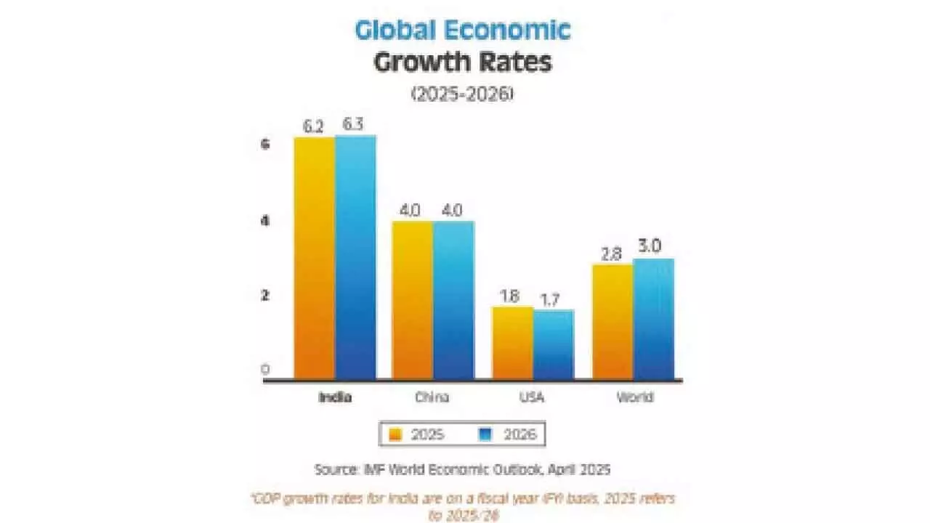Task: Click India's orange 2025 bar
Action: pyautogui.click(x=315, y=258)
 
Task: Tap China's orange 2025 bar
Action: pyautogui.click(x=413, y=299)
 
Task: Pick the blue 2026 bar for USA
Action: pyautogui.click(x=553, y=344)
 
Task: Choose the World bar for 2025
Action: pyautogui.click(x=612, y=321)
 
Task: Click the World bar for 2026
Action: pyautogui.click(x=653, y=318)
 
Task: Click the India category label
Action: pyautogui.click(x=335, y=397)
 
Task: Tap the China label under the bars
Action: pyautogui.click(x=433, y=397)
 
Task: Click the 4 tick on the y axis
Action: pyautogui.click(x=265, y=220)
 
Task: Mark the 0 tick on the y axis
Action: pyautogui.click(x=265, y=370)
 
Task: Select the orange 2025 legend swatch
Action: pyautogui.click(x=396, y=434)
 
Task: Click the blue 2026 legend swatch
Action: pyautogui.click(x=487, y=434)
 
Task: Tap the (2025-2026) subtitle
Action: pyautogui.click(x=463, y=95)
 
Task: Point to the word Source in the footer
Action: pyautogui.click(x=334, y=469)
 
